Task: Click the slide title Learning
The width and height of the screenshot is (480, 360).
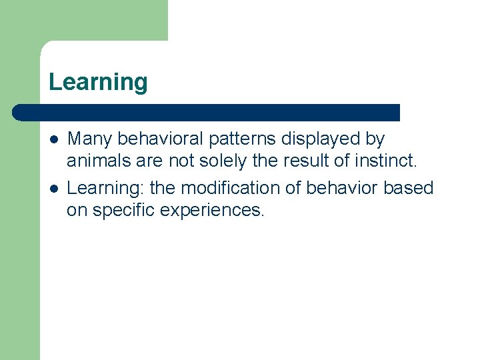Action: tap(98, 83)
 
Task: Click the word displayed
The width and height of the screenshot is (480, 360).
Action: tap(321, 139)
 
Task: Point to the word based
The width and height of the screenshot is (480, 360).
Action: tap(408, 188)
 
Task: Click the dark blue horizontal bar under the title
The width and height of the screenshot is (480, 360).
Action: tap(207, 112)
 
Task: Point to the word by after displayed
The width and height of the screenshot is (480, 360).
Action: tap(375, 139)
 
